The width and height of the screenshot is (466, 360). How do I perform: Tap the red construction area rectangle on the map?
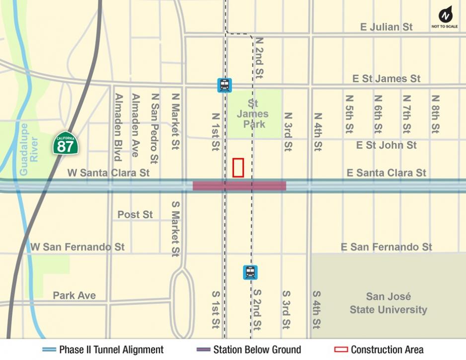tap(238, 167)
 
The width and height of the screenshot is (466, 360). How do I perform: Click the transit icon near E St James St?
tap(225, 85)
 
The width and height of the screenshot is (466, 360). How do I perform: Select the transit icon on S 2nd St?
tap(250, 272)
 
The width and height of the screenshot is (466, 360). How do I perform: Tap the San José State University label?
tap(388, 303)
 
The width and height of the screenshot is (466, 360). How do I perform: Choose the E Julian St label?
tap(386, 27)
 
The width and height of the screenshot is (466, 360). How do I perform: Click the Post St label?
tap(135, 215)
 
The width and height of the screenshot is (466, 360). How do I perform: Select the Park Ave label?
tap(74, 295)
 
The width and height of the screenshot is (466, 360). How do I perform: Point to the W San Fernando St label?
tap(78, 247)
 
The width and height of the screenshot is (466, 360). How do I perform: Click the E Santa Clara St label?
tap(386, 173)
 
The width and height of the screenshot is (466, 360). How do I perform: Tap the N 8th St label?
tap(436, 114)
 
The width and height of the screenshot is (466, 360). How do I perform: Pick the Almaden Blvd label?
tap(118, 127)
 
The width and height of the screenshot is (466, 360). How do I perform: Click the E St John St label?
tap(386, 145)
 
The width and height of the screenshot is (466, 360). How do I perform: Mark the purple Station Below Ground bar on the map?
tap(239, 186)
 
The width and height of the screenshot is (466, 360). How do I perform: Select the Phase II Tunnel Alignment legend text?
tap(111, 350)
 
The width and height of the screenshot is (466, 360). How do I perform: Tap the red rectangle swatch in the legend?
tap(341, 350)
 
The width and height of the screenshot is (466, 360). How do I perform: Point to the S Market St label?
tap(175, 228)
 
